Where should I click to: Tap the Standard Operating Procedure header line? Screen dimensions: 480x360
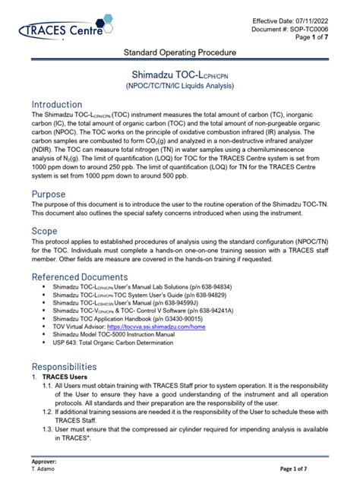pos(180,52)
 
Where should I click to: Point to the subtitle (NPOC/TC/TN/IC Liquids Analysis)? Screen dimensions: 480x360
pos(180,89)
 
